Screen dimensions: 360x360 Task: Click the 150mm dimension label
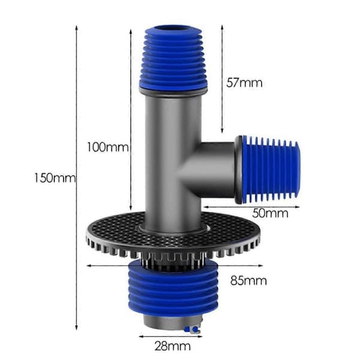[55, 178]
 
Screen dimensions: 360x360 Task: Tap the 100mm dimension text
[107, 147]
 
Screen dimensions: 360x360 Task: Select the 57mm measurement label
[244, 83]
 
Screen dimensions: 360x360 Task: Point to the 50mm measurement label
[270, 213]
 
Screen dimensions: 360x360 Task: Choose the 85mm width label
[248, 280]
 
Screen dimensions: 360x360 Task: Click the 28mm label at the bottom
[173, 346]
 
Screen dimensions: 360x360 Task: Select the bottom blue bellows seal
[173, 289]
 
